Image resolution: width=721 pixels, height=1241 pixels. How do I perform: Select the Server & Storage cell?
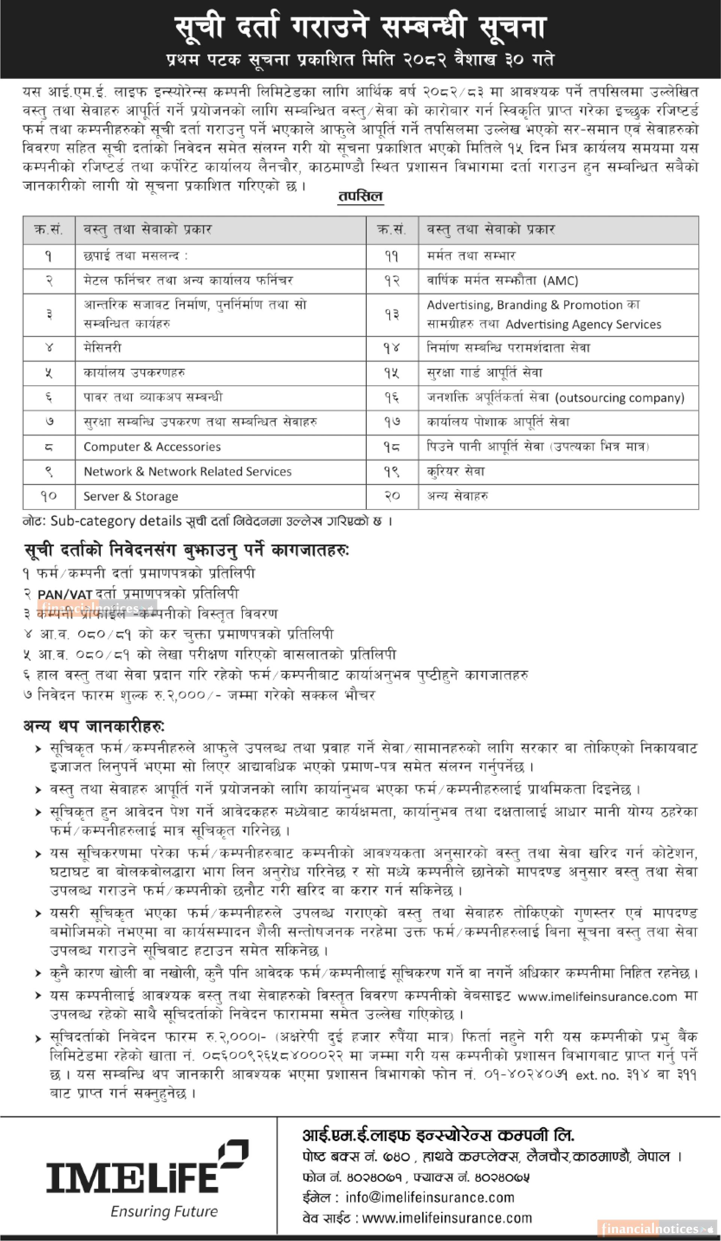131,496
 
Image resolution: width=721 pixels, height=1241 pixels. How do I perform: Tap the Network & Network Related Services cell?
187,471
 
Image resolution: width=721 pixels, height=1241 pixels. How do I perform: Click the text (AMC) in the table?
561,281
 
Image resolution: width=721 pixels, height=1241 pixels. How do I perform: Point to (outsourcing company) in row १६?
619,397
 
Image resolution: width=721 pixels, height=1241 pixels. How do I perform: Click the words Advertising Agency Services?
583,324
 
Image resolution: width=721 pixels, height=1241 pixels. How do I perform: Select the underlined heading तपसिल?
360,196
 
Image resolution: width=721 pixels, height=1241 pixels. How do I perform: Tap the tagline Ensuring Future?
164,1211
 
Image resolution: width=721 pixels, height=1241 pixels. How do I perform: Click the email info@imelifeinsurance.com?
430,1197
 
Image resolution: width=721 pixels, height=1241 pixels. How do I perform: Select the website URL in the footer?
447,1218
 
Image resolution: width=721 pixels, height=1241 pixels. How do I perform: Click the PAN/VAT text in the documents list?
64,594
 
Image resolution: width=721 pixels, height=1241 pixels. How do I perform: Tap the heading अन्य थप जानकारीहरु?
94,726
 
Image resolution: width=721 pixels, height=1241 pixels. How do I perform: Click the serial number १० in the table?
49,496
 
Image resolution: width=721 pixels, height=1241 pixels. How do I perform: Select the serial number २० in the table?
392,496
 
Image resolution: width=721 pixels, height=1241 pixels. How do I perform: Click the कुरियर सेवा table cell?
456,471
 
